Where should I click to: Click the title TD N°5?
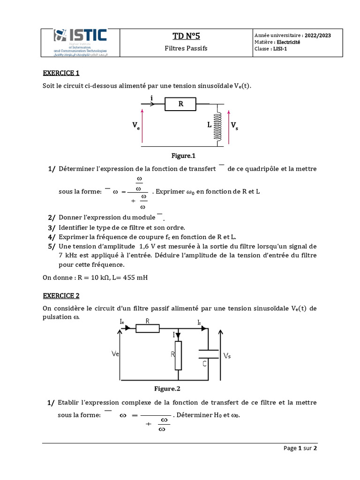pos(186,37)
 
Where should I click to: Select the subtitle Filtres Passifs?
pos(186,48)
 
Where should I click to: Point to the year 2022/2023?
pos(317,36)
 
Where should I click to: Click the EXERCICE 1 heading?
pos(61,73)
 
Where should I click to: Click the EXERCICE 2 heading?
pos(61,296)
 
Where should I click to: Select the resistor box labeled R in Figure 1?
pos(180,104)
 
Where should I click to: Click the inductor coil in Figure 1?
pos(217,126)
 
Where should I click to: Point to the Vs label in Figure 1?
pos(234,126)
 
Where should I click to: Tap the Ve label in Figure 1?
pos(135,126)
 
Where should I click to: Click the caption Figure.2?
pos(167,389)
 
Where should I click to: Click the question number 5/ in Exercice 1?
pos(52,246)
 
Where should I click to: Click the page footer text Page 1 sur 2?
pos(300,448)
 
